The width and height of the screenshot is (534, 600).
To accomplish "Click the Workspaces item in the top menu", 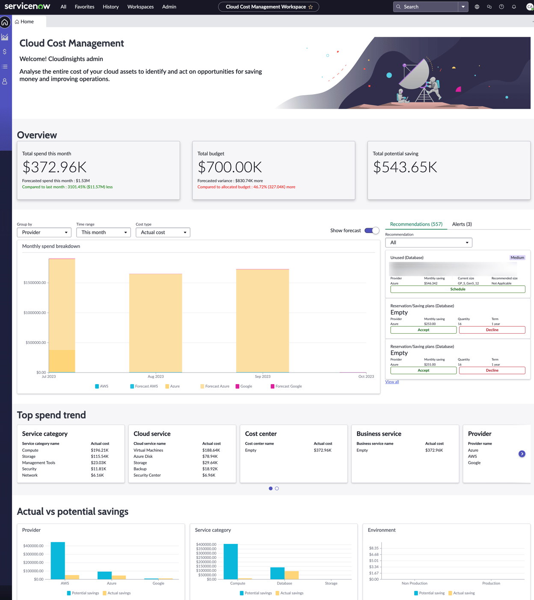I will [140, 7].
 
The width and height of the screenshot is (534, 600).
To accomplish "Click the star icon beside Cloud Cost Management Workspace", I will [311, 7].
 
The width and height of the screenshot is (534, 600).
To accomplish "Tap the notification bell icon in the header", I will [514, 7].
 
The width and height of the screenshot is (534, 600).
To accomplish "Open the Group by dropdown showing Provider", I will [44, 232].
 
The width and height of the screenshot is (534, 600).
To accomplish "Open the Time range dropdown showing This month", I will [103, 232].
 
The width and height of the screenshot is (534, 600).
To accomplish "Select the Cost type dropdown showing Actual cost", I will [163, 232].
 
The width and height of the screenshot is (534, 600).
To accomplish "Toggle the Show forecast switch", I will [371, 230].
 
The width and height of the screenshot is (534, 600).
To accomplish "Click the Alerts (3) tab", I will [462, 224].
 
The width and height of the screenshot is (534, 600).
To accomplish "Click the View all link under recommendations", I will [392, 382].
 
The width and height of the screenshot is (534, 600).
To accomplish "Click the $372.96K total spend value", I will [54, 167].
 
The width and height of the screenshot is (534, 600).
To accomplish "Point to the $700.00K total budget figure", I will [230, 167].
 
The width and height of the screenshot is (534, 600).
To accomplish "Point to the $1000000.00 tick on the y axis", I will [35, 313].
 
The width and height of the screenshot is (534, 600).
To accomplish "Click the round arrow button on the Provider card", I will [522, 454].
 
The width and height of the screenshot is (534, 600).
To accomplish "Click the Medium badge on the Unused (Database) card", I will [517, 257].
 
